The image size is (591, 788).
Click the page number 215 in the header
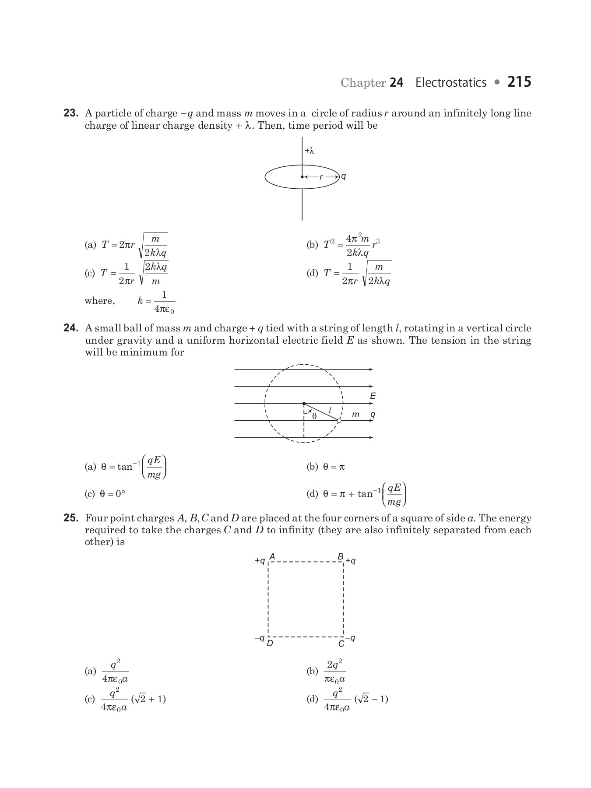click(519, 82)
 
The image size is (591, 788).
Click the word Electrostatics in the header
click(450, 82)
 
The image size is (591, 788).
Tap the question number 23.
click(71, 113)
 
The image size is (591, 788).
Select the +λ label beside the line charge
click(310, 151)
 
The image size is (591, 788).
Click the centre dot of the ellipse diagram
click(302, 177)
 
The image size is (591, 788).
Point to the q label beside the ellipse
click(344, 176)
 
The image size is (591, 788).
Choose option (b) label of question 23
click(312, 245)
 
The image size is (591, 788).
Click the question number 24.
click(71, 328)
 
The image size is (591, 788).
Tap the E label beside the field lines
click(373, 396)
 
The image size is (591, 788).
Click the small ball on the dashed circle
click(339, 421)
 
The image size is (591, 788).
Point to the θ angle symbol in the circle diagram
click(314, 416)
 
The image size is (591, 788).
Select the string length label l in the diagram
click(330, 409)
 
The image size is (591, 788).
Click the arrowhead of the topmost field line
click(371, 369)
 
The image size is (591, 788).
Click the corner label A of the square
click(272, 557)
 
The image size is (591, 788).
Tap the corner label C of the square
click(341, 644)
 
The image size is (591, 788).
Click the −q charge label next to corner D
click(259, 638)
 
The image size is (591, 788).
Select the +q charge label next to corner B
click(351, 561)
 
